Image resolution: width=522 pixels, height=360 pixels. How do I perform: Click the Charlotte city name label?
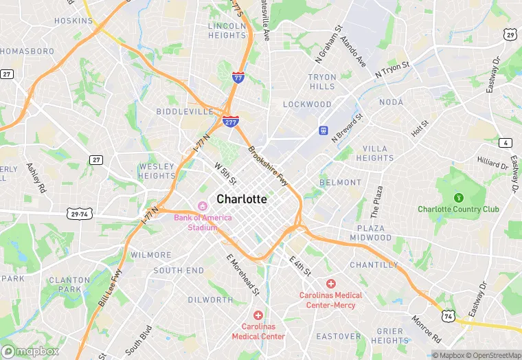coord(242,199)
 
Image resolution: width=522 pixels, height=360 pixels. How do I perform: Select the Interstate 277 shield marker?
coord(231,122)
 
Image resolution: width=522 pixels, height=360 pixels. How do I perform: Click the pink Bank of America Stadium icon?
coord(203,206)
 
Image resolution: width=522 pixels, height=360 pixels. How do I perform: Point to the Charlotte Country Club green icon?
coord(458,198)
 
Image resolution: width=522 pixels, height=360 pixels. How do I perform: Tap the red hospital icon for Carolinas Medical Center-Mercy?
coord(330,284)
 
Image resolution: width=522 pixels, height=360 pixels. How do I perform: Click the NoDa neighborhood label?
coord(391,102)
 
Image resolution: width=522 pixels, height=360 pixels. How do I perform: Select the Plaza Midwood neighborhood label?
coord(374,232)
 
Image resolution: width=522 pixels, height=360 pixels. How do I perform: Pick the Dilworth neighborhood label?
coord(209,300)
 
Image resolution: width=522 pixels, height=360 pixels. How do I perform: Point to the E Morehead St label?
coord(242,274)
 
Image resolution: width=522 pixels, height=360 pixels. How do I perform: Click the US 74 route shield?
coord(449,316)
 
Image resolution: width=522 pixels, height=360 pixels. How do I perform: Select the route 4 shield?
coord(506,143)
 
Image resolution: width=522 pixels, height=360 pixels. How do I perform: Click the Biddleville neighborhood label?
coord(185,111)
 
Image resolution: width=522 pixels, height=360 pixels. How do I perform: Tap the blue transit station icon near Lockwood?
coord(322,130)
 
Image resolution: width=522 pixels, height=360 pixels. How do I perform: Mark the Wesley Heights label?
coord(157,170)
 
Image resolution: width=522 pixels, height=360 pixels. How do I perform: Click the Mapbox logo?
coord(31,351)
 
